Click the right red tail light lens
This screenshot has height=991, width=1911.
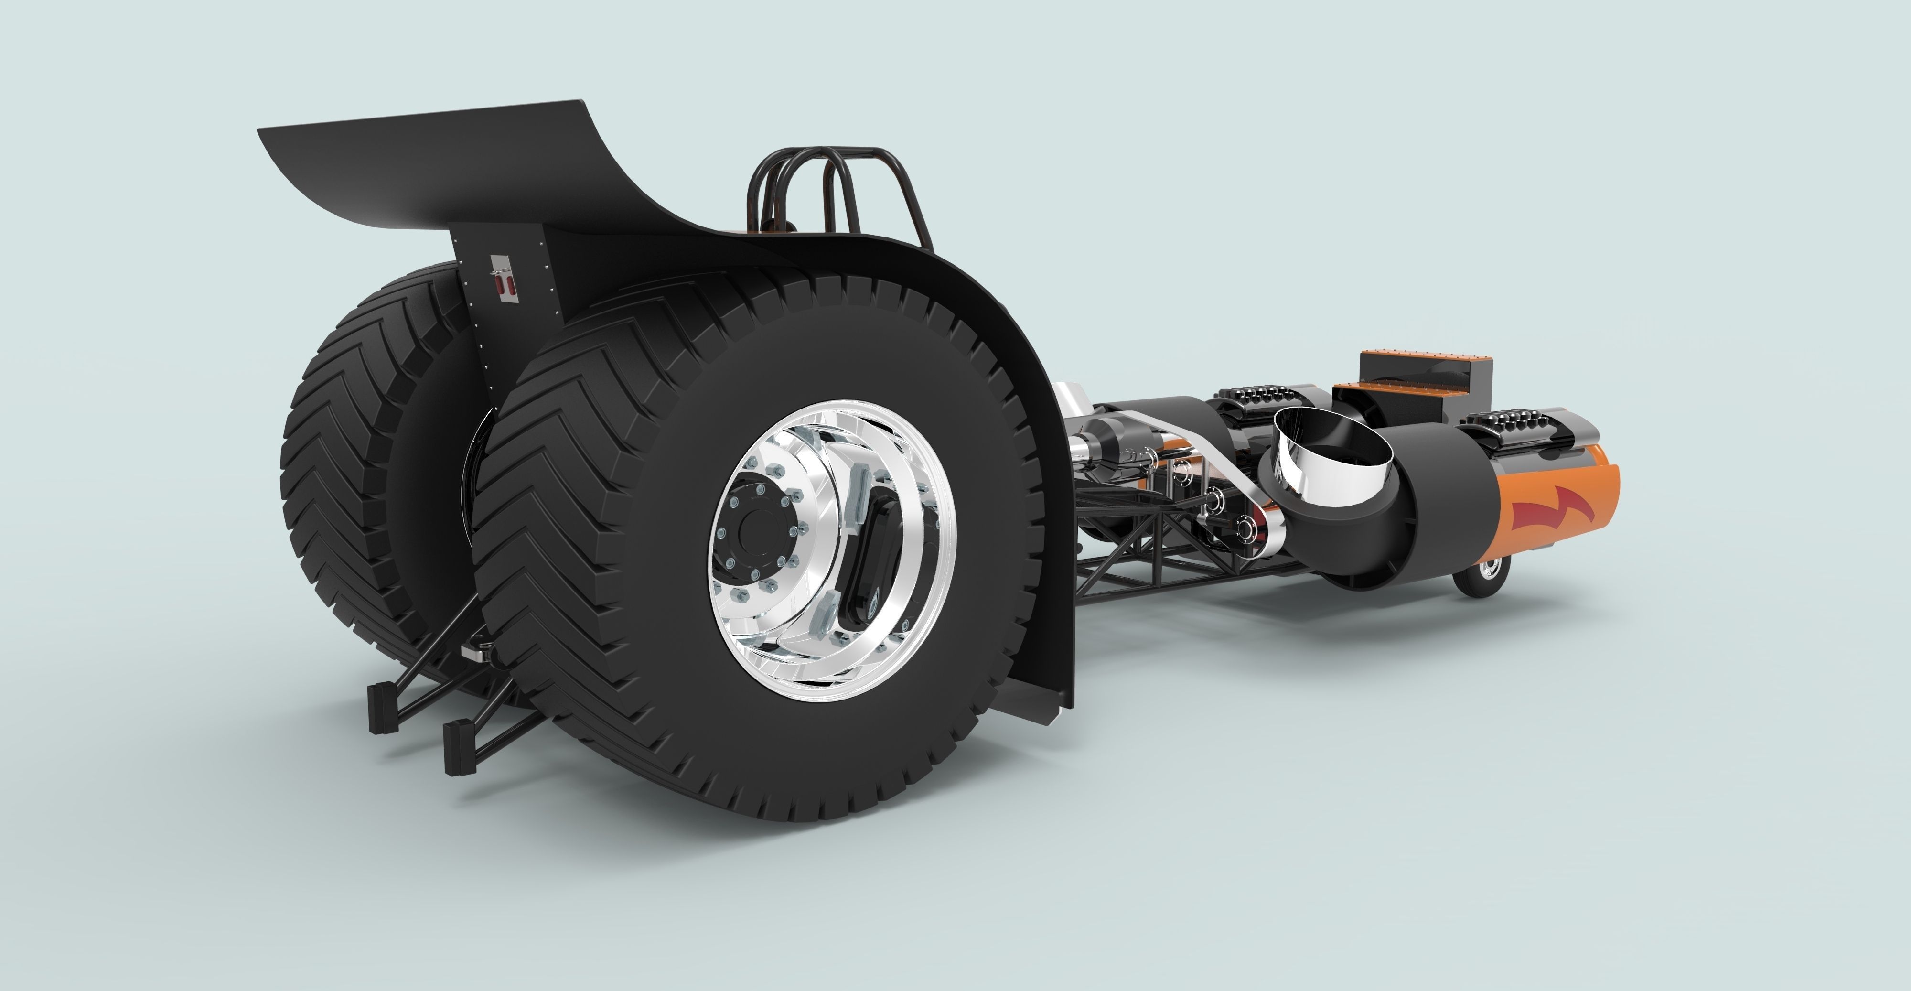(x=510, y=286)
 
